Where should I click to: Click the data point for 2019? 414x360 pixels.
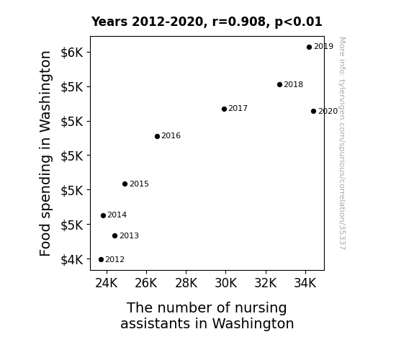pos(309,48)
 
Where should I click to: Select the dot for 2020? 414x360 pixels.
pos(313,111)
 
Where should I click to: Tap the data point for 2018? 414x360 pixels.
pos(279,84)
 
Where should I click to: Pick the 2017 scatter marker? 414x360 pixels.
pos(224,109)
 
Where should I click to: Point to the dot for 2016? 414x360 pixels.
pos(157,136)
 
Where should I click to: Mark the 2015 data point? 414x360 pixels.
pos(125,184)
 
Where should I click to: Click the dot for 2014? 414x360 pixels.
pos(103,215)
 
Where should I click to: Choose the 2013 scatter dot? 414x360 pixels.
pos(114,235)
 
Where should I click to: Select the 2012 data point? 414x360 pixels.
pos(101,260)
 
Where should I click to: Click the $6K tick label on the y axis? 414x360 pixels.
pos(72,53)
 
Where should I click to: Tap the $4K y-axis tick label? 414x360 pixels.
pos(72,260)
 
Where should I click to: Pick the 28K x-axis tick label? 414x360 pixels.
pos(186,284)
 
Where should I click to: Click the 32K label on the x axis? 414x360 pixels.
pos(266,284)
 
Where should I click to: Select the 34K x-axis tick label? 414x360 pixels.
pos(305,284)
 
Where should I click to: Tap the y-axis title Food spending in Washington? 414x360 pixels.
pos(45,153)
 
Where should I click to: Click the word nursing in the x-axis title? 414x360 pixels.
pos(261,308)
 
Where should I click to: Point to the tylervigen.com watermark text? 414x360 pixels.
pos(342,143)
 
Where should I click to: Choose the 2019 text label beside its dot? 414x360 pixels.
pos(324,47)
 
